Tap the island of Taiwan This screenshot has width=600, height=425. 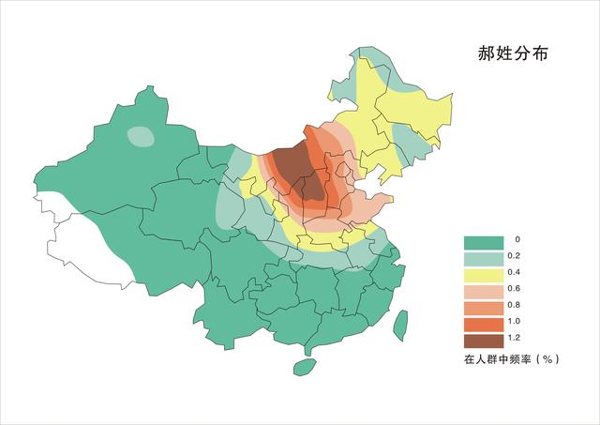tap(400, 325)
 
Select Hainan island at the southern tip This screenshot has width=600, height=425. tap(304, 367)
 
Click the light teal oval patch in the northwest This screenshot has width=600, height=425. tap(141, 137)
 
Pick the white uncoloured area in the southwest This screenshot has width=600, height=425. tap(84, 239)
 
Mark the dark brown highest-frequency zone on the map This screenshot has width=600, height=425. tap(300, 174)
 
